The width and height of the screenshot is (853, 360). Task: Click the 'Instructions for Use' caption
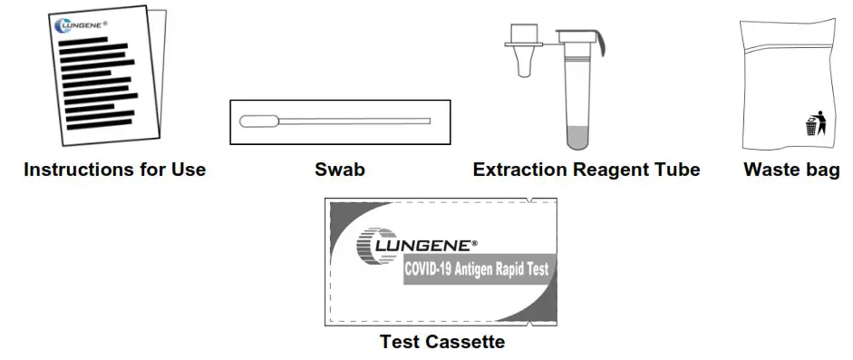pos(115,170)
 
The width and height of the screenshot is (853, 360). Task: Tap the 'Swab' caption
pos(339,170)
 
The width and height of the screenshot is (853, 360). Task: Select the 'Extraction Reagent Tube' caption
pos(586,170)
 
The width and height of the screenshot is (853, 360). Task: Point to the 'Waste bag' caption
pos(791,170)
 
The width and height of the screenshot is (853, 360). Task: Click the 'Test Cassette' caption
pos(441,343)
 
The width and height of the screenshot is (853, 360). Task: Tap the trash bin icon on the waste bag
pos(815,124)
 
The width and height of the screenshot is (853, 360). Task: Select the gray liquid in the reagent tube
pos(577,138)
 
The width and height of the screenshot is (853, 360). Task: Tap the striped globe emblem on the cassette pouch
pos(373,245)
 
